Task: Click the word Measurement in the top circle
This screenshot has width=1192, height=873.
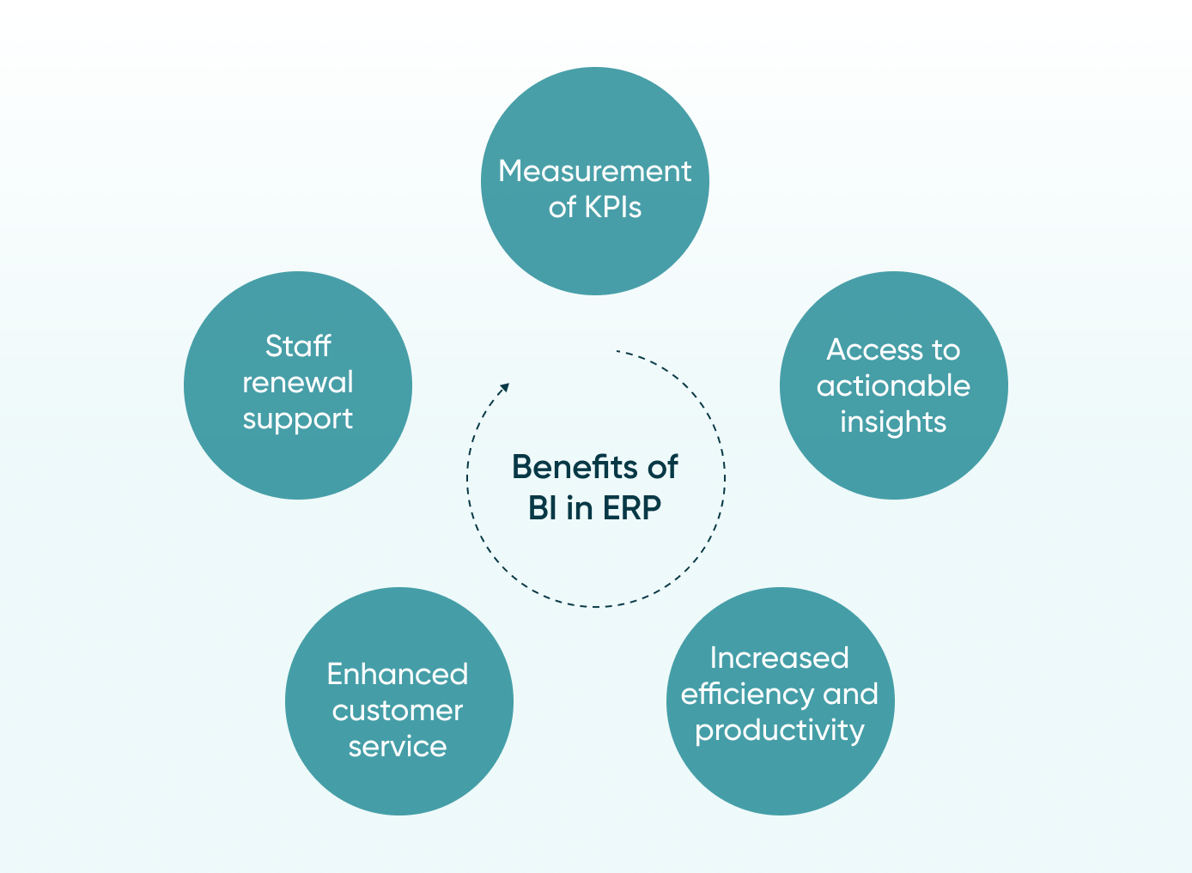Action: [x=594, y=172]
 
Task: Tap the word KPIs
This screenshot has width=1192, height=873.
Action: [x=612, y=208]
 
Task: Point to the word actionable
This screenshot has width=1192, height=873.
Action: [x=893, y=386]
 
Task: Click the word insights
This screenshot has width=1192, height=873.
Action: [x=893, y=422]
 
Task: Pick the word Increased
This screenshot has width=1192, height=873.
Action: [x=779, y=658]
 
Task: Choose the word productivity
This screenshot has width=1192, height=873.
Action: [x=779, y=731]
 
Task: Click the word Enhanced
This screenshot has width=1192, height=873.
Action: [x=398, y=674]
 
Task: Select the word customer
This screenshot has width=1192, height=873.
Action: [x=398, y=711]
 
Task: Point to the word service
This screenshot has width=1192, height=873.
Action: [x=398, y=747]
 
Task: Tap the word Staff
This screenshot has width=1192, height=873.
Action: [x=298, y=346]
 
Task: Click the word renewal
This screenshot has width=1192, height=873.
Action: [x=298, y=382]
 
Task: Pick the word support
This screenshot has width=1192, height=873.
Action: [x=298, y=420]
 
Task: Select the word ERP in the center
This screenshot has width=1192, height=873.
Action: [x=632, y=508]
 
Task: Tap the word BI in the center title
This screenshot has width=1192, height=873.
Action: [x=543, y=508]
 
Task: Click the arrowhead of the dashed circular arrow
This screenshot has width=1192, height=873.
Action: [x=506, y=387]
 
